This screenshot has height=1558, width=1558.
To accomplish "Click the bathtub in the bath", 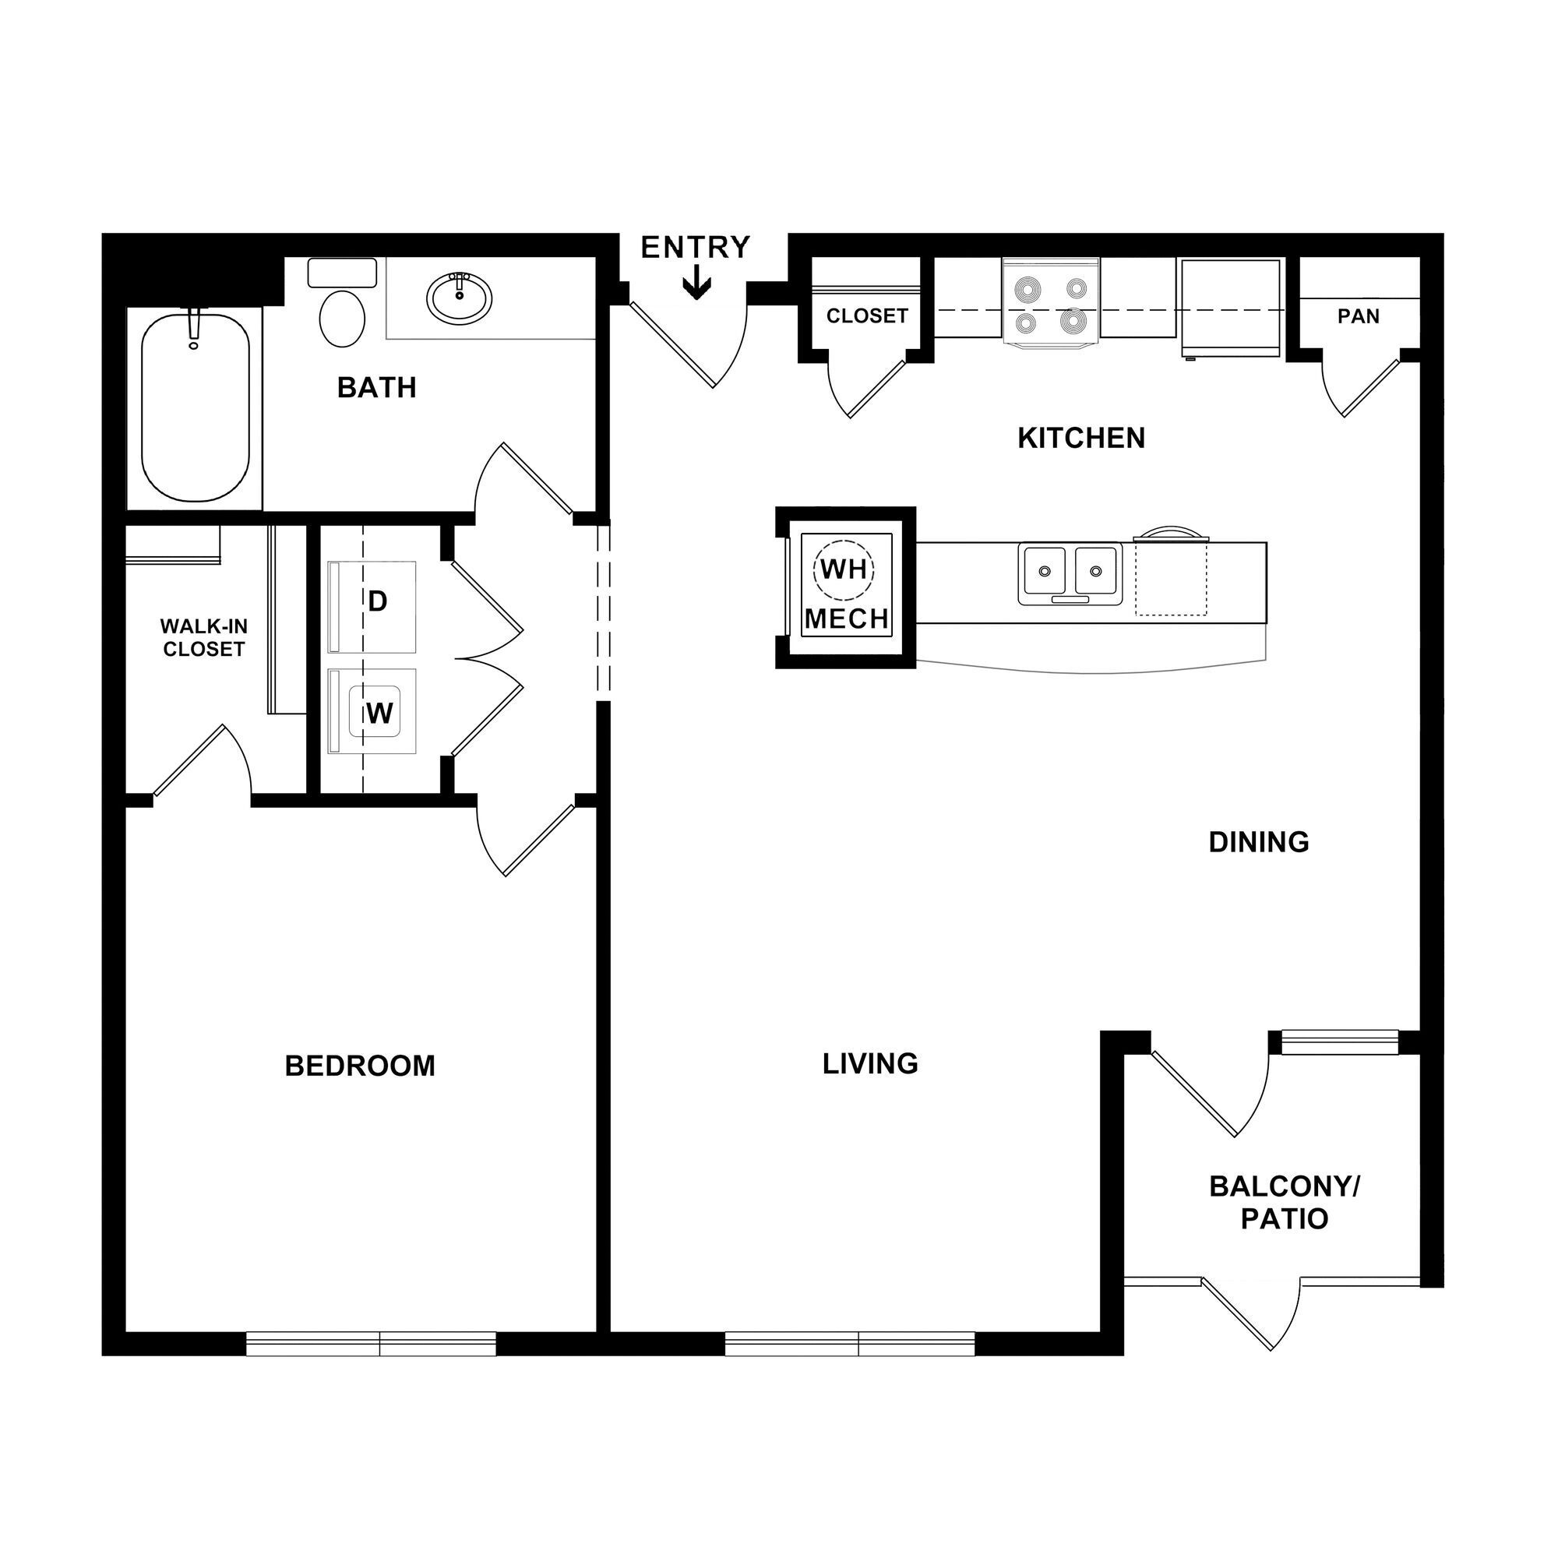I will (196, 408).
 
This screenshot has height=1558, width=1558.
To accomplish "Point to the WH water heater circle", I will (844, 569).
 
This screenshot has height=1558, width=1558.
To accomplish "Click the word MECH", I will (847, 619).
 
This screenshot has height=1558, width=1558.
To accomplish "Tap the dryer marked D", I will (372, 606).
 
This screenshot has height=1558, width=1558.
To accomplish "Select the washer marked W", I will (372, 711).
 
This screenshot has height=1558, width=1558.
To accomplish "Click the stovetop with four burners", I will (1051, 305).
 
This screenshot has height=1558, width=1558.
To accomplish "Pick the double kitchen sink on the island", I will (1070, 573).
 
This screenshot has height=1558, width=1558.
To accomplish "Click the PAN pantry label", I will (1358, 317).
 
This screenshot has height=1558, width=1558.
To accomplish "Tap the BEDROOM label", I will (360, 1066).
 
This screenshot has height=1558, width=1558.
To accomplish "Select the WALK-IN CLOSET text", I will (203, 638).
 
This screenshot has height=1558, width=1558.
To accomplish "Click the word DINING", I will (1258, 842).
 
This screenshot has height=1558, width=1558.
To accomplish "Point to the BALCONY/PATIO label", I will (1284, 1202).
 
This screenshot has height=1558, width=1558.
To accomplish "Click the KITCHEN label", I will (1080, 438).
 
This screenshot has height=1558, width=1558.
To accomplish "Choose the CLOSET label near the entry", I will (867, 316).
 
